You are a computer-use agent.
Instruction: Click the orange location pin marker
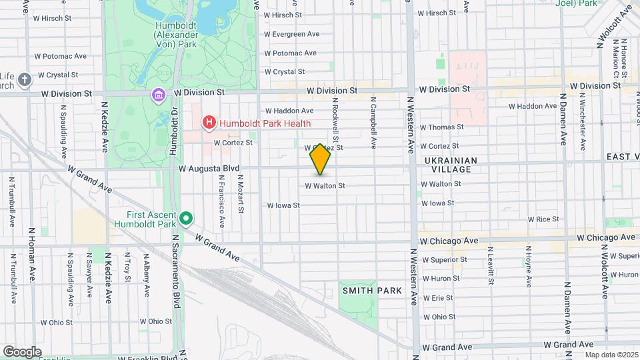pyautogui.click(x=321, y=159)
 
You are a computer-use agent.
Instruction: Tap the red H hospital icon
pyautogui.click(x=209, y=123)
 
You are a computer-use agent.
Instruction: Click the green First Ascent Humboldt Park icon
pyautogui.click(x=187, y=219)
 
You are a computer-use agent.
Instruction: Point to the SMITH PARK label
pyautogui.click(x=372, y=291)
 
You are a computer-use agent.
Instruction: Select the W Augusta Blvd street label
pyautogui.click(x=209, y=169)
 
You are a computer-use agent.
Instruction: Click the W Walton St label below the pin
pyautogui.click(x=325, y=186)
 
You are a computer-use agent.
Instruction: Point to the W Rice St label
pyautogui.click(x=543, y=219)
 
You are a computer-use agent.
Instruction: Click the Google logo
pyautogui.click(x=21, y=351)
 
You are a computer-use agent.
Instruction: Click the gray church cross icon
pyautogui.click(x=25, y=80)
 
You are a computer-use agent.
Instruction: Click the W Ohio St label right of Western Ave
pyautogui.click(x=439, y=317)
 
